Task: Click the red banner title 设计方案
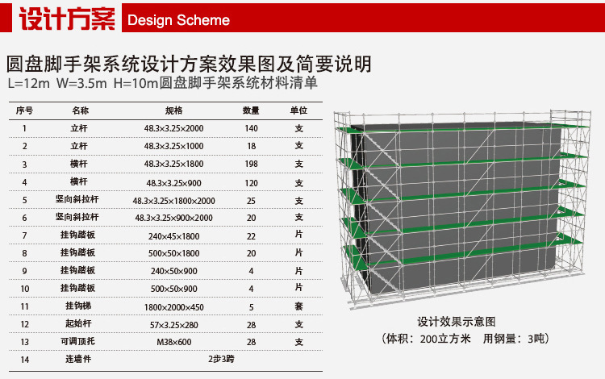click(x=65, y=19)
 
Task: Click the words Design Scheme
click(x=178, y=20)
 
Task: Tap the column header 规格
click(x=173, y=110)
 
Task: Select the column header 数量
click(x=251, y=110)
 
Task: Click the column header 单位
click(x=298, y=110)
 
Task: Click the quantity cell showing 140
click(x=251, y=128)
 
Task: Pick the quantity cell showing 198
click(x=251, y=164)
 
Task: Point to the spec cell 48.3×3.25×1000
click(x=173, y=146)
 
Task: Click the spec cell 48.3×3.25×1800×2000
click(x=173, y=200)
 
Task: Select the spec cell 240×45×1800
click(x=173, y=235)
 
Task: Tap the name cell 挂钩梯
click(x=80, y=306)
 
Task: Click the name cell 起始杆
click(x=80, y=324)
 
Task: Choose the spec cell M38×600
click(x=173, y=342)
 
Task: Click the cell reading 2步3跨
click(x=221, y=360)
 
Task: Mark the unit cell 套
click(x=298, y=306)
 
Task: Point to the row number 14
click(x=25, y=360)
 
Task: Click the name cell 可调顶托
click(x=80, y=342)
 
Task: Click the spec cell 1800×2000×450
click(x=173, y=306)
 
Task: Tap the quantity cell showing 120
click(x=251, y=182)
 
